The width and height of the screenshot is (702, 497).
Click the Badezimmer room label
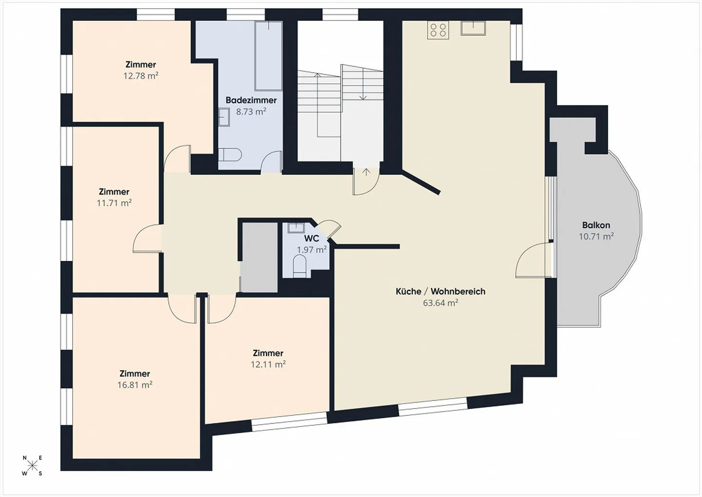251,100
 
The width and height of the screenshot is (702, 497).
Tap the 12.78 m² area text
141,76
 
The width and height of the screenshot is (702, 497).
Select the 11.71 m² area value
114,203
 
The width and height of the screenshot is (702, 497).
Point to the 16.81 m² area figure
135,385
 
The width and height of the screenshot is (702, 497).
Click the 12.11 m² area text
268,364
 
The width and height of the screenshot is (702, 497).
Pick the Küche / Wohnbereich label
440,291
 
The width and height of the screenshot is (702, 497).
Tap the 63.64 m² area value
440,303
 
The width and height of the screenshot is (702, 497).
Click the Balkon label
596,225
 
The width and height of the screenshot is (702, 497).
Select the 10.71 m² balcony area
596,237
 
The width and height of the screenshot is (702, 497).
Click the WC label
312,239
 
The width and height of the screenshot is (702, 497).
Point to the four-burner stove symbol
438,30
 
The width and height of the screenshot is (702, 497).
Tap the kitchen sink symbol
473,28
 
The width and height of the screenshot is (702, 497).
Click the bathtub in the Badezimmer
269,56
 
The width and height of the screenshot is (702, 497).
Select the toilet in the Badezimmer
230,155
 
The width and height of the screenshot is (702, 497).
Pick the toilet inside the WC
300,266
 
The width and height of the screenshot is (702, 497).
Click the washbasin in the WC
296,228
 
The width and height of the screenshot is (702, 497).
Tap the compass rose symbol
32,465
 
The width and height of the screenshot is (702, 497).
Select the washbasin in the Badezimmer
224,117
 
